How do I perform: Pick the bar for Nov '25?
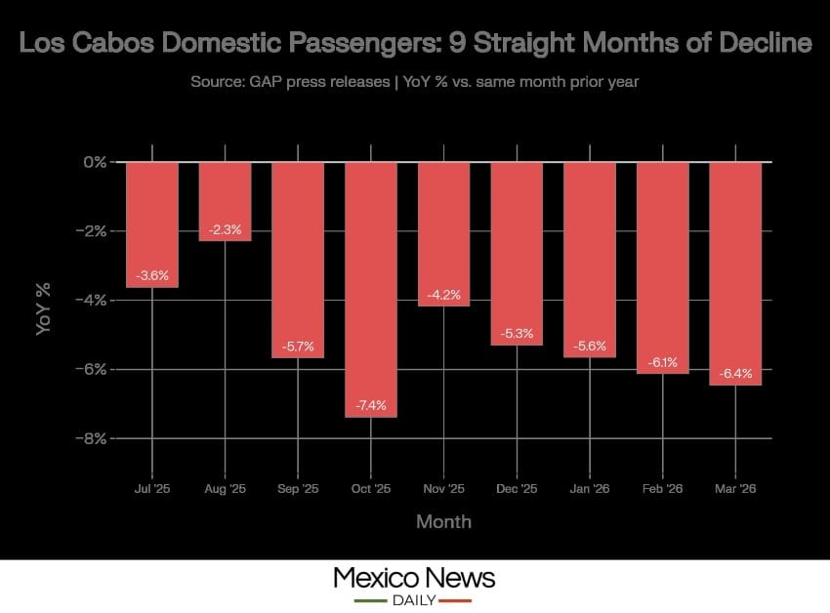443,233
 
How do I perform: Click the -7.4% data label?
370,404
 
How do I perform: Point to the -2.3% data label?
225,230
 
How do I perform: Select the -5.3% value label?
517,334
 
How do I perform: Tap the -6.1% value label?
662,362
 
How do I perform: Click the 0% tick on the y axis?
94,161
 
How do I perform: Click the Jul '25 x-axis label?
152,488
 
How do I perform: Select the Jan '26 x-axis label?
589,488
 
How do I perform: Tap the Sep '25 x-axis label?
298,488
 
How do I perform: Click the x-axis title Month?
443,522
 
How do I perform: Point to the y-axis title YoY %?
43,309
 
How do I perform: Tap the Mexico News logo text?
414,577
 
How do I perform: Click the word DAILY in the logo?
414,599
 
